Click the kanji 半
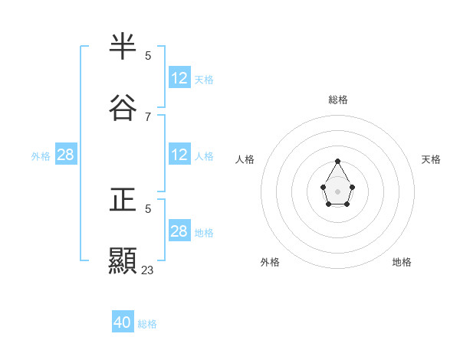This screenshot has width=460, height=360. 123,47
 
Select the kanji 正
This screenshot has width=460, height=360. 123,200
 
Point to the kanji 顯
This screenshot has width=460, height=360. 123,260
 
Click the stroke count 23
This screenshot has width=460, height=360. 148,270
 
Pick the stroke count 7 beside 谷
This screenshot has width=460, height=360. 148,116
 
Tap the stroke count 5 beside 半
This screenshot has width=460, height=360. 148,55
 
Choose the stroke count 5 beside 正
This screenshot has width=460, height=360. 148,208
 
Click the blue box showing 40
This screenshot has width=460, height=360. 123,322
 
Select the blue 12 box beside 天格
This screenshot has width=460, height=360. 179,77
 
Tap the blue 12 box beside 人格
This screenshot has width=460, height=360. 179,155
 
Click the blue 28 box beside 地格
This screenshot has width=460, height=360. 179,231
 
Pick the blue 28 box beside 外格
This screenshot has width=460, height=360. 66,155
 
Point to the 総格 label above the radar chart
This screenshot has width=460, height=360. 338,100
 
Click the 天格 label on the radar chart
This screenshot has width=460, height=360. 431,159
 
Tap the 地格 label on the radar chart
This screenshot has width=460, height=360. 402,262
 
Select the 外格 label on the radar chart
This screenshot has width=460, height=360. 270,262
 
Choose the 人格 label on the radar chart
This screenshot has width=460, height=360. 245,159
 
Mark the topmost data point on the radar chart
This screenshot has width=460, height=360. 337,162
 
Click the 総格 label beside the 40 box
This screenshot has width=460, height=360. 147,324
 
